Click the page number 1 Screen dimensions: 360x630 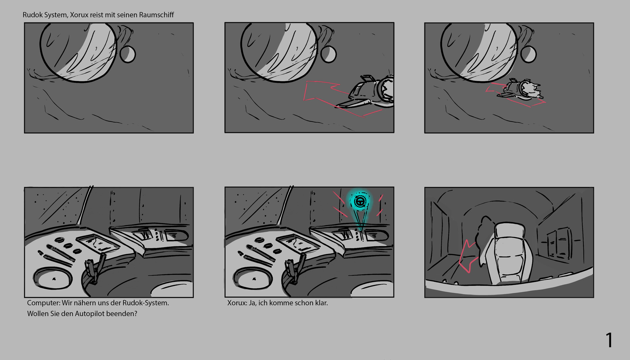tap(609, 340)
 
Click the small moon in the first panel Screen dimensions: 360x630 tap(127, 54)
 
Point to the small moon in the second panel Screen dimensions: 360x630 tap(328, 54)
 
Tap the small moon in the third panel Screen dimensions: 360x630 tap(528, 54)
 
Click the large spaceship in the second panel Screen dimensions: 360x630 tap(371, 92)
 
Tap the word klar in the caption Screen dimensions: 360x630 tap(321, 303)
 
